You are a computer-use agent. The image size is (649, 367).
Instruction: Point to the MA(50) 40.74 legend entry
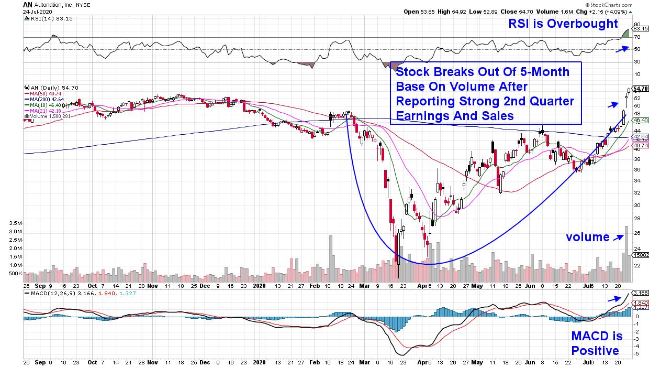click(x=47, y=93)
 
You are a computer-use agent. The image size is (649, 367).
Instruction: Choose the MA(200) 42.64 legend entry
click(x=48, y=99)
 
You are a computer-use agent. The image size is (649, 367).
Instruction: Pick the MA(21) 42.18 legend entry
click(x=47, y=111)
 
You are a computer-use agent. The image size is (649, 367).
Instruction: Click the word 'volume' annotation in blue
click(x=587, y=237)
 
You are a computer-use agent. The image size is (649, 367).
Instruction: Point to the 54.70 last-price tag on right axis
click(x=641, y=89)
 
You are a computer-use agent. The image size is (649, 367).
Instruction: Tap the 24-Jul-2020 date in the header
click(x=35, y=12)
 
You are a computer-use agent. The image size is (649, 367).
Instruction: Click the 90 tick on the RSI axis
click(x=637, y=24)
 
